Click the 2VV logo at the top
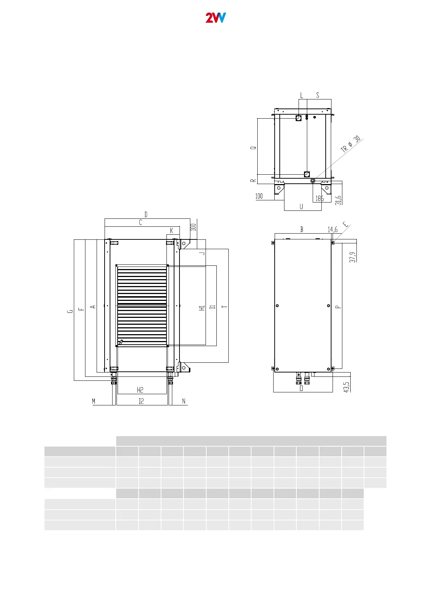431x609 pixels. (216, 18)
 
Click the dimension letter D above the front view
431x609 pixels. (146, 214)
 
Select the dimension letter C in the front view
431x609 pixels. (140, 222)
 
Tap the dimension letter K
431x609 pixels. (172, 231)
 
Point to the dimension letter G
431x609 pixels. (70, 311)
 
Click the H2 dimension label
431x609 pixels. (140, 390)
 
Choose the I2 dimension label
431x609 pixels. (141, 401)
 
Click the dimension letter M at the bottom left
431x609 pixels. (94, 401)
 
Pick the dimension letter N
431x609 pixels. (184, 401)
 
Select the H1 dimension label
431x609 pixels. (202, 308)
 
